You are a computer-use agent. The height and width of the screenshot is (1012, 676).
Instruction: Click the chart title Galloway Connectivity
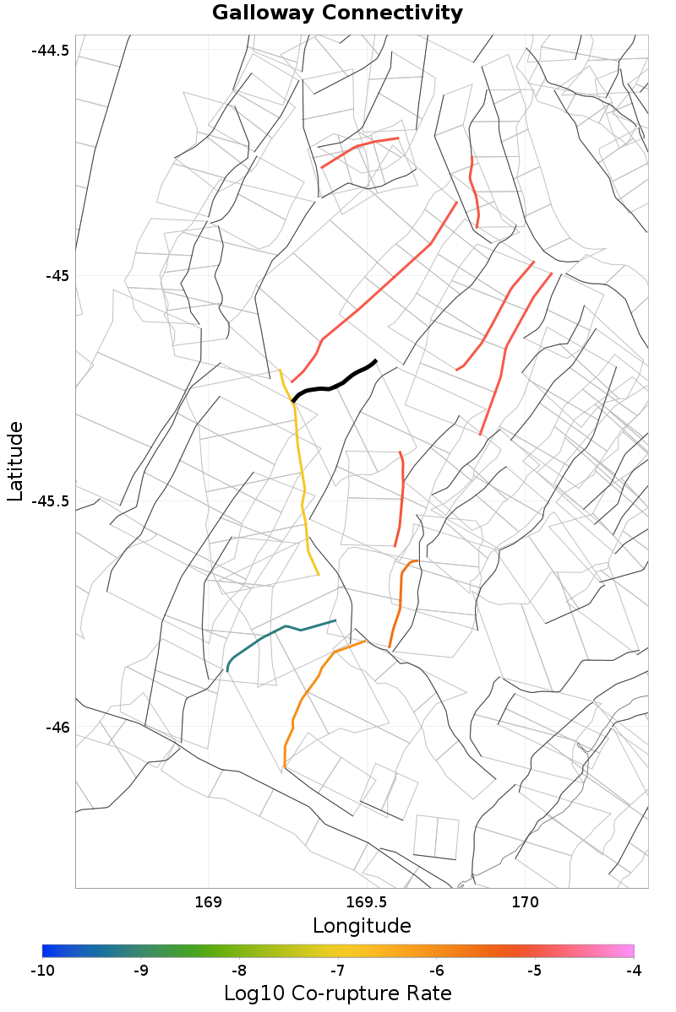click(x=337, y=14)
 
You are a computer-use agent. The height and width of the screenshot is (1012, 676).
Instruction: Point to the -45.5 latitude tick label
click(x=50, y=501)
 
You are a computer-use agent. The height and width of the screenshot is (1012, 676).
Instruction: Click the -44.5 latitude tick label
click(x=50, y=50)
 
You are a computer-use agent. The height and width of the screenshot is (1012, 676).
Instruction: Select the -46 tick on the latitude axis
click(x=56, y=728)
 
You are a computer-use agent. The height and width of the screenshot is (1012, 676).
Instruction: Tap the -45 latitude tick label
click(x=56, y=275)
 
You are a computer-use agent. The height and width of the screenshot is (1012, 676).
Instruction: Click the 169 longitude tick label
click(x=208, y=902)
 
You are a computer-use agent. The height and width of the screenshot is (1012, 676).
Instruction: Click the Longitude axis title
click(x=362, y=926)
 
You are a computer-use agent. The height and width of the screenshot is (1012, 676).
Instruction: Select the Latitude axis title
click(x=15, y=463)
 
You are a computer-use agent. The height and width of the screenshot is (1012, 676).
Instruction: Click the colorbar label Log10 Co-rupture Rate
click(x=338, y=993)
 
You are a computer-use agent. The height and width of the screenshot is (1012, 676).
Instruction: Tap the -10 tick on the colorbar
click(x=42, y=971)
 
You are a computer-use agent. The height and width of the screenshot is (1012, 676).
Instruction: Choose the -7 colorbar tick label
click(x=338, y=971)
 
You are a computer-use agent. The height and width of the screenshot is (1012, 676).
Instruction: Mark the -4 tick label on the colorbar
click(x=634, y=971)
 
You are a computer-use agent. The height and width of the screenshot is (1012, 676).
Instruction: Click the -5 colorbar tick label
click(x=535, y=971)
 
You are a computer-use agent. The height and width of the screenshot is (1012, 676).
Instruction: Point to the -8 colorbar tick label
click(x=239, y=971)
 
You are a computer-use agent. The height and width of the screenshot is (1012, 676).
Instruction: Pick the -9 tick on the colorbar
click(x=141, y=971)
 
